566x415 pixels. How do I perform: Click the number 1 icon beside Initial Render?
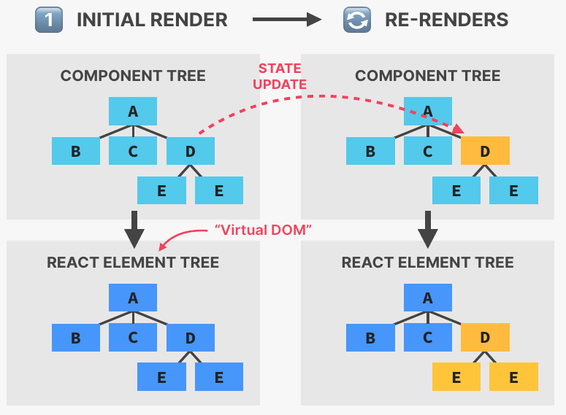tap(47, 20)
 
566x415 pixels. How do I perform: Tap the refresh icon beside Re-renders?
tap(357, 20)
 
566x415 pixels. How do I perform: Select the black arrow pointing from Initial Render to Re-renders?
tap(287, 20)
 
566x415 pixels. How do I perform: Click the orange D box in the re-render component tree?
tap(485, 151)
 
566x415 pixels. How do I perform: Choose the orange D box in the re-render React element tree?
tap(485, 338)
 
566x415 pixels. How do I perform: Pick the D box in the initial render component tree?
tap(191, 151)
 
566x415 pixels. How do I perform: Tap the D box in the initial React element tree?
tap(191, 338)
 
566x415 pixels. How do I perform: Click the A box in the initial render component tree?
tap(133, 111)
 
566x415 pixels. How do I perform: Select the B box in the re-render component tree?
tap(370, 151)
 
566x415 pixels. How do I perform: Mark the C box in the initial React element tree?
tap(133, 338)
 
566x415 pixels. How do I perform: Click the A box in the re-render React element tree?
tap(428, 298)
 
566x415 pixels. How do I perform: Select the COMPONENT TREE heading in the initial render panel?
tap(133, 76)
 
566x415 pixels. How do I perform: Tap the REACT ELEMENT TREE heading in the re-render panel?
tap(428, 263)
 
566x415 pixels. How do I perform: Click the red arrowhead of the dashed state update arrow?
tap(458, 129)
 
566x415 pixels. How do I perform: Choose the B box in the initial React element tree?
tap(75, 338)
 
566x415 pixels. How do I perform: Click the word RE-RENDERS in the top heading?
tap(446, 20)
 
